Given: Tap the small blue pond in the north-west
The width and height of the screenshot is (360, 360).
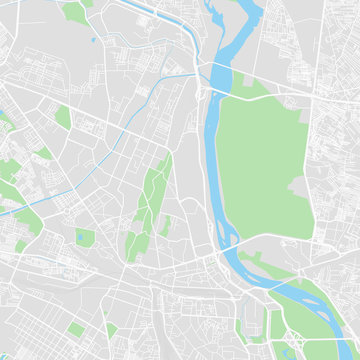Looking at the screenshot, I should click(93, 40).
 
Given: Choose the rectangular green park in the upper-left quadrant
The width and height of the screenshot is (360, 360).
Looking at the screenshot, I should click(63, 117).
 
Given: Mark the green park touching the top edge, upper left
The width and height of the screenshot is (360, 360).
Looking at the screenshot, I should click(73, 12).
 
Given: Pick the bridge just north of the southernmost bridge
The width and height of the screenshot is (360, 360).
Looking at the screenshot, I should click(226, 245).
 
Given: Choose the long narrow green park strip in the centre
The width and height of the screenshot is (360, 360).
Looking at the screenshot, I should click(153, 195).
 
